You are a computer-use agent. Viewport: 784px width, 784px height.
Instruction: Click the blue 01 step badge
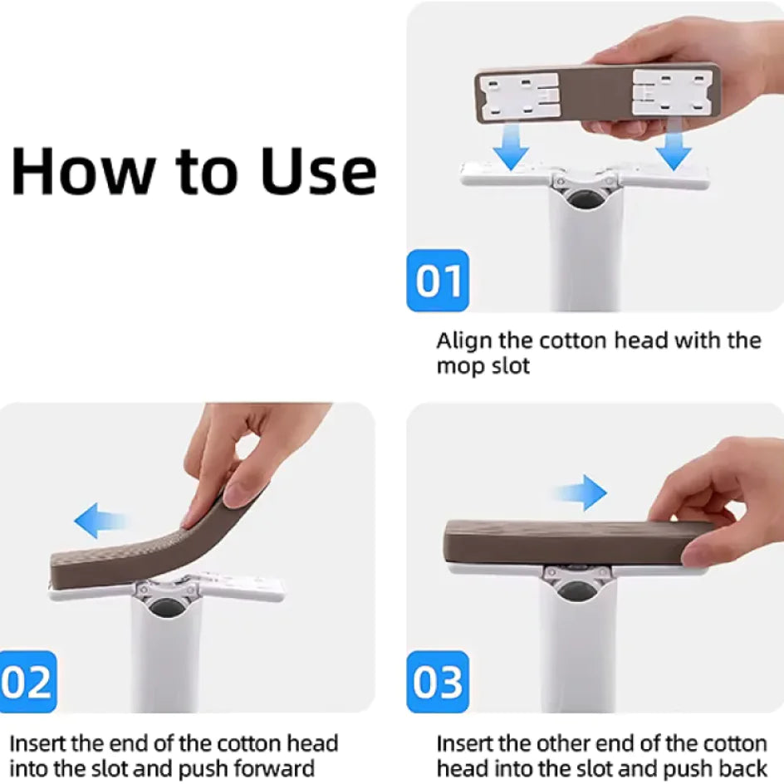pyautogui.click(x=438, y=281)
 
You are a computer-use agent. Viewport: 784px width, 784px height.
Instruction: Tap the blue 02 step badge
pyautogui.click(x=28, y=682)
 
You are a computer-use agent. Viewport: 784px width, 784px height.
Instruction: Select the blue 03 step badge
pyautogui.click(x=438, y=682)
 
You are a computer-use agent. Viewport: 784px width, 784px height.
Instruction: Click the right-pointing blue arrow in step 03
pyautogui.click(x=581, y=492)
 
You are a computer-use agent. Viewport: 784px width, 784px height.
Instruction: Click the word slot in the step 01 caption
pyautogui.click(x=512, y=366)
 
